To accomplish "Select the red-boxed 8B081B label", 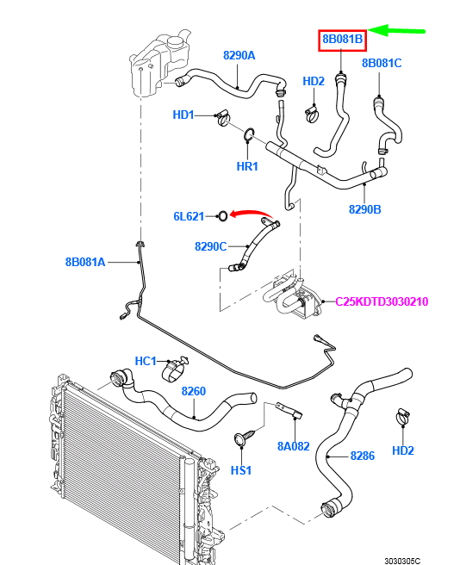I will pyautogui.click(x=343, y=40).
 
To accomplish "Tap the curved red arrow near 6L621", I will pyautogui.click(x=252, y=212).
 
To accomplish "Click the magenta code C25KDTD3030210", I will pyautogui.click(x=382, y=301).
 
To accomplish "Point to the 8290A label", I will pyautogui.click(x=239, y=55).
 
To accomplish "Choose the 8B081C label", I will pyautogui.click(x=382, y=63).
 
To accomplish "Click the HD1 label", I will pyautogui.click(x=183, y=114).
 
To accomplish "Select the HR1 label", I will pyautogui.click(x=247, y=166).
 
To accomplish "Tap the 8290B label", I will pyautogui.click(x=364, y=208).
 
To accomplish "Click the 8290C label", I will pyautogui.click(x=210, y=246).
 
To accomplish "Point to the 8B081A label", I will pyautogui.click(x=84, y=261).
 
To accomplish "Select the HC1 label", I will pyautogui.click(x=146, y=361).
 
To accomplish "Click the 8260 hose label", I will pyautogui.click(x=193, y=391).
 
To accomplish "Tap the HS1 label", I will pyautogui.click(x=241, y=470).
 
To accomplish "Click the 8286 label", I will pyautogui.click(x=362, y=456).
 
